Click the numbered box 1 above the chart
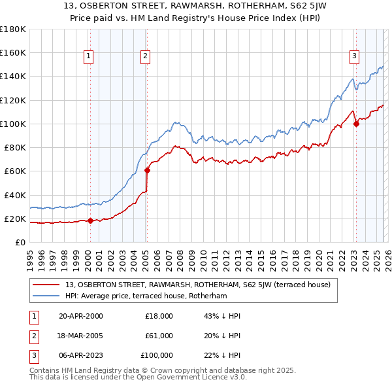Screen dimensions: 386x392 (x=88, y=57)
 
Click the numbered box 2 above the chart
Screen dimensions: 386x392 (x=144, y=57)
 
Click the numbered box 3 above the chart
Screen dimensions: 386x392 (x=353, y=57)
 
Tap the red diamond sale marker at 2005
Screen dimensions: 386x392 (x=147, y=171)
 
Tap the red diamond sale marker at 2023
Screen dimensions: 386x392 (x=356, y=124)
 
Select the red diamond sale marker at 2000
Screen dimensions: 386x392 (x=90, y=221)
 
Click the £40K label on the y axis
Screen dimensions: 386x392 (x=14, y=195)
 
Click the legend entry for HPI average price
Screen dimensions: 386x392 (x=145, y=296)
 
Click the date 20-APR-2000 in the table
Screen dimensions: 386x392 (x=81, y=316)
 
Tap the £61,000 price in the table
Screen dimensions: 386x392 (x=159, y=336)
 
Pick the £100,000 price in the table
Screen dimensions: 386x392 (x=157, y=355)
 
